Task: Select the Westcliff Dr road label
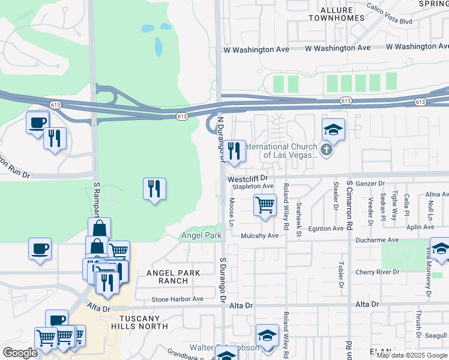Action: pos(249,178)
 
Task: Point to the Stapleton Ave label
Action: pos(253,187)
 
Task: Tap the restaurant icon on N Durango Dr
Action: pos(234,151)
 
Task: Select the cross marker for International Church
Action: pos(327,150)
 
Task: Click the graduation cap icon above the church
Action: pos(333,129)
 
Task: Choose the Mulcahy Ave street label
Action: pos(259,236)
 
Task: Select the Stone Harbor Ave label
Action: pos(177,299)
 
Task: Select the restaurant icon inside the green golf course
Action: pos(154,189)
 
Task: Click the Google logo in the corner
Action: pos(20,352)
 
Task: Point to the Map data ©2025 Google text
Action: pos(412,355)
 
